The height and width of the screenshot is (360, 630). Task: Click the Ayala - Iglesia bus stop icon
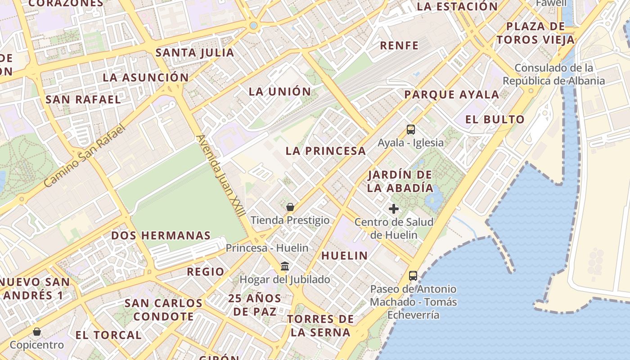click(410, 130)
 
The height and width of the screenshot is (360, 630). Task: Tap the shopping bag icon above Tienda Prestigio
click(290, 207)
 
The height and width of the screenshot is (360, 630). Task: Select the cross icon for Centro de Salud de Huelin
click(394, 209)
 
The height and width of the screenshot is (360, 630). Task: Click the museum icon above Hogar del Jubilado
click(285, 266)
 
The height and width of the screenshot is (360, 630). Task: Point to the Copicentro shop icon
click(37, 332)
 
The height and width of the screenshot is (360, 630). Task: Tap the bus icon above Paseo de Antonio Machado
click(413, 276)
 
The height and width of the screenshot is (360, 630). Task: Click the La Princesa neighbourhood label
click(326, 151)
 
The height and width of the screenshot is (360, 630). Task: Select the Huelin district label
click(344, 256)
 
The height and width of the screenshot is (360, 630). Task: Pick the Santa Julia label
click(195, 53)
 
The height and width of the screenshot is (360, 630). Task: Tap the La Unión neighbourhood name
click(280, 92)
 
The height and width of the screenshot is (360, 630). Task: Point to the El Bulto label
click(495, 120)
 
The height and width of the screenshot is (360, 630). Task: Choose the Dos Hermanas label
click(161, 235)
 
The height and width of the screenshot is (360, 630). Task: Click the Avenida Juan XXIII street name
click(220, 175)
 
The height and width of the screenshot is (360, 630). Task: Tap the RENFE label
click(399, 45)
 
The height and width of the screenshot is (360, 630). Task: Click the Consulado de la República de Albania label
click(554, 75)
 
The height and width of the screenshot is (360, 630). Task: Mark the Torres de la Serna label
click(320, 326)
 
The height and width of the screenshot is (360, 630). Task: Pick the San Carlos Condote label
click(163, 310)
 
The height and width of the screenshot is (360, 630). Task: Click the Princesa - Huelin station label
click(267, 248)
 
